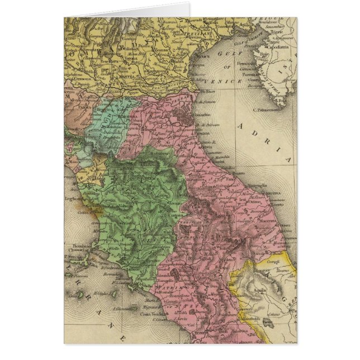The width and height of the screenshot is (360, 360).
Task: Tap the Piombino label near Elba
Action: pos(78,246)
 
